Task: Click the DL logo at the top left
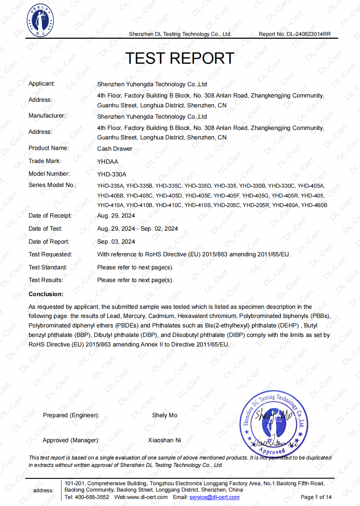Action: [41, 20]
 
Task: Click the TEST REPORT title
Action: [180, 58]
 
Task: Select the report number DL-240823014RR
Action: [309, 34]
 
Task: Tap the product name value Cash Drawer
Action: [115, 149]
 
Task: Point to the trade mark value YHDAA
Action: [108, 162]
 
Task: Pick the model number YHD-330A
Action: [112, 174]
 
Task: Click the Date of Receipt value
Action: [116, 215]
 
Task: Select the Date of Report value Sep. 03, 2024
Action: [116, 242]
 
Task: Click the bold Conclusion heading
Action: [46, 294]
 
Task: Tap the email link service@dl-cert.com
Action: [214, 497]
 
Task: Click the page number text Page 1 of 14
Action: [316, 497]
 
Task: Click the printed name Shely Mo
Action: [165, 415]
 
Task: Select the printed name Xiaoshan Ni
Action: [165, 440]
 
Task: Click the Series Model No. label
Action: [52, 185]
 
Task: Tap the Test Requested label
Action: [50, 254]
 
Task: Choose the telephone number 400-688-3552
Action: [92, 497]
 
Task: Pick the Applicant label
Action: [42, 83]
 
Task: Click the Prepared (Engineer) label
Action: [71, 415]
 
